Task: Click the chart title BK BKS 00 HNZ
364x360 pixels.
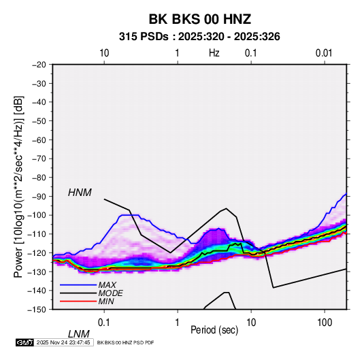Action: pos(199,19)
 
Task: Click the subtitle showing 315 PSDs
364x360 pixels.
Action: pos(199,37)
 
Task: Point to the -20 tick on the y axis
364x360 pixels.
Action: pos(39,65)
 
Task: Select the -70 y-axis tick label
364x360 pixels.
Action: pos(39,159)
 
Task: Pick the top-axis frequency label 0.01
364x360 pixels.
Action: pos(324,53)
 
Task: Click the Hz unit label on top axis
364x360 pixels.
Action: pos(214,53)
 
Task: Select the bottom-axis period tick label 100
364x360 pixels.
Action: pos(325,323)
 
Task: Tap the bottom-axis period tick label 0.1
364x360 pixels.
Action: pos(104,323)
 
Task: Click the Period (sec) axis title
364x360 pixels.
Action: pos(214,330)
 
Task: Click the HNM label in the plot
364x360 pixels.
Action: pos(80,193)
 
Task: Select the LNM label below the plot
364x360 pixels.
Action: pos(79,334)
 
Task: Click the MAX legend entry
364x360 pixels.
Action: pos(107,285)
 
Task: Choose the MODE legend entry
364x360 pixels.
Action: pos(110,293)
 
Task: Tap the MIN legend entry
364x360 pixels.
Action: pos(106,301)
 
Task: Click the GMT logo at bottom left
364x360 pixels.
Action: pos(24,342)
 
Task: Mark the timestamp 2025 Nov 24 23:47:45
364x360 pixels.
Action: pos(63,342)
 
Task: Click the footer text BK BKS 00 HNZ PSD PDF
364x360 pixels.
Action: pos(125,343)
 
